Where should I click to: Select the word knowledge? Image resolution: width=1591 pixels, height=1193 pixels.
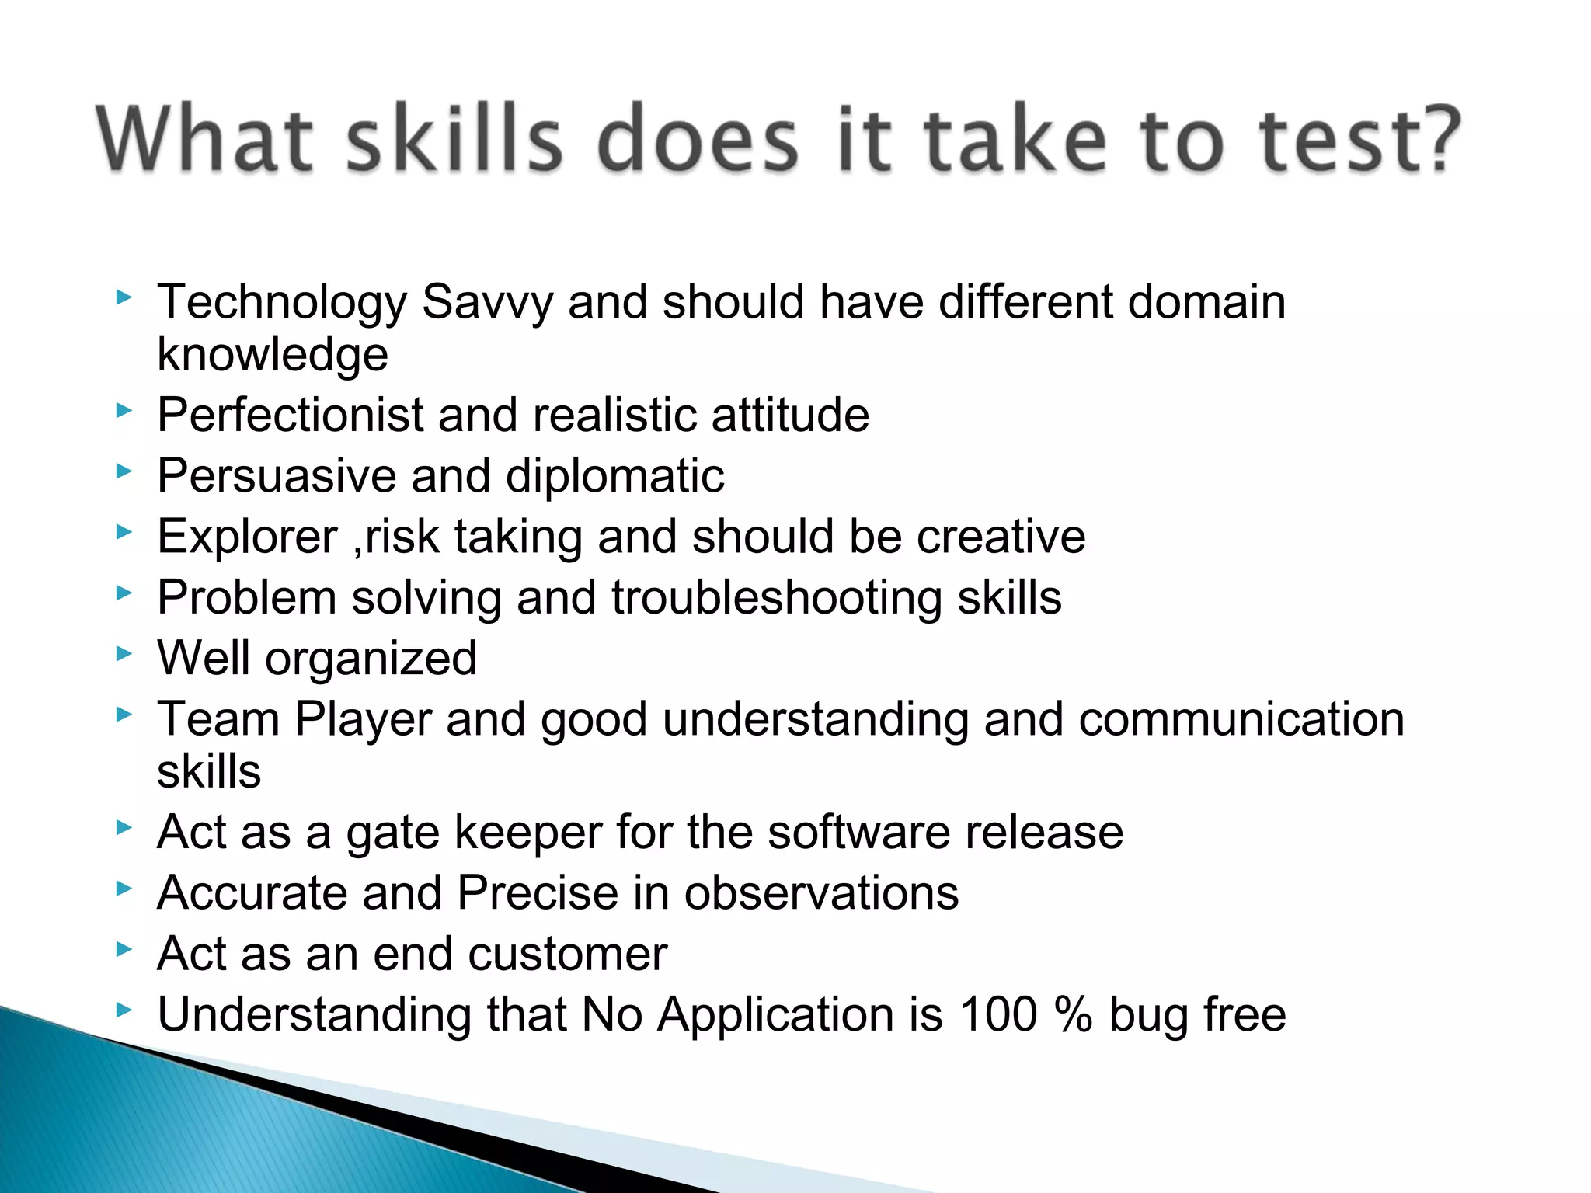coord(273,355)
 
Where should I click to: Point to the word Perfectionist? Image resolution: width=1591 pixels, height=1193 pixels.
coord(290,415)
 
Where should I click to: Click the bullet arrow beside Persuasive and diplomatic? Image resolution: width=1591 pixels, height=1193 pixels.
coord(124,471)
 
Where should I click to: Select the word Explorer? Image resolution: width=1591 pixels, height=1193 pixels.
coord(247,537)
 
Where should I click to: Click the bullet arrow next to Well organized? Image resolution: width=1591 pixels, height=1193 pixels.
coord(124,653)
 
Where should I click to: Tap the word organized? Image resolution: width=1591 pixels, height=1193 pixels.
coord(371,659)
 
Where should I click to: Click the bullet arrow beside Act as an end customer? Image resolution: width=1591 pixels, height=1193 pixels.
coord(124,948)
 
